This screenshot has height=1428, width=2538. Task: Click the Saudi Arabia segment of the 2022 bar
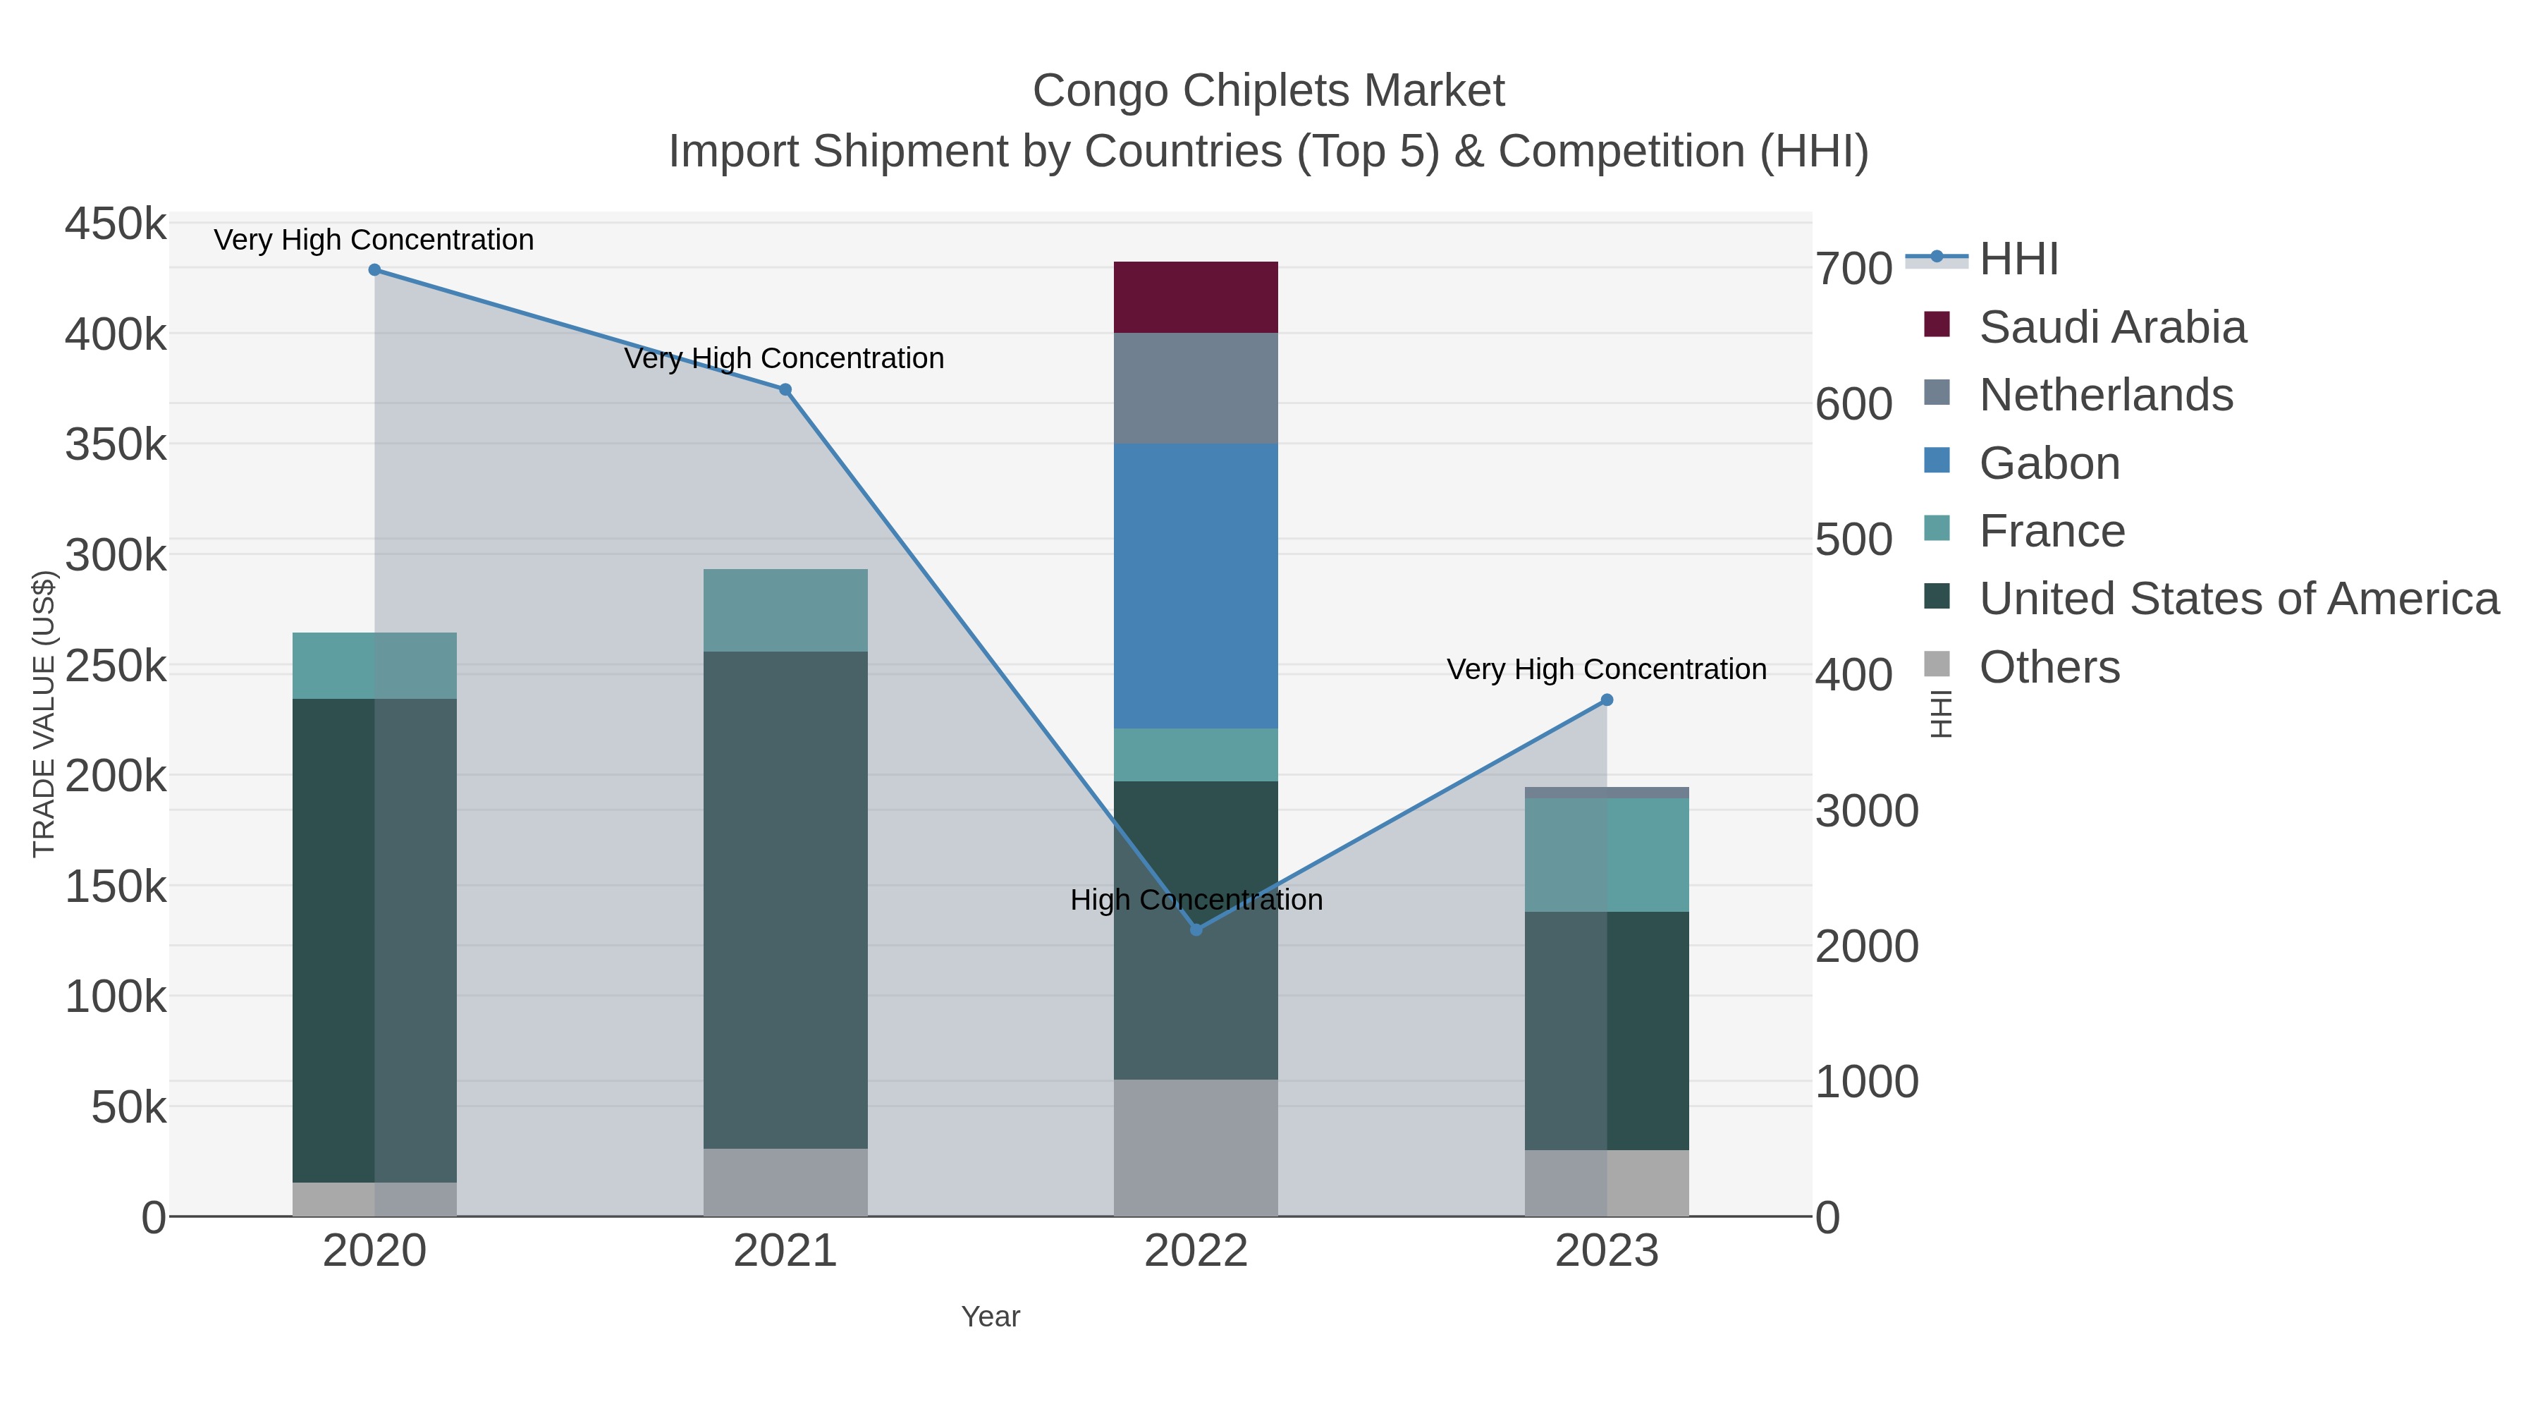pyautogui.click(x=1195, y=297)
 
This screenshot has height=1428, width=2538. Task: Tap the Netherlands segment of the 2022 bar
pyautogui.click(x=1195, y=389)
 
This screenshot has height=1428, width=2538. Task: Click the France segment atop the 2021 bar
pyautogui.click(x=785, y=610)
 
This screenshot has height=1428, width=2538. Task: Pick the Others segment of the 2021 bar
pyautogui.click(x=785, y=1182)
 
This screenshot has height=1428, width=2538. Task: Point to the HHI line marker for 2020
pyautogui.click(x=374, y=270)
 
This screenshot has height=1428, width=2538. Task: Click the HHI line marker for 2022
pyautogui.click(x=1196, y=929)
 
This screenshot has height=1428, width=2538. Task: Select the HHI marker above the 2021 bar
pyautogui.click(x=785, y=390)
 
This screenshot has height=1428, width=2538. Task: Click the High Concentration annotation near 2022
pyautogui.click(x=1196, y=900)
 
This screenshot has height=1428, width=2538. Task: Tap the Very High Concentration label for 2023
pyautogui.click(x=1606, y=669)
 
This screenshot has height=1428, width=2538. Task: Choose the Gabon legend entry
pyautogui.click(x=2049, y=463)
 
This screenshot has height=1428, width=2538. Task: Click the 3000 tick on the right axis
pyautogui.click(x=1867, y=811)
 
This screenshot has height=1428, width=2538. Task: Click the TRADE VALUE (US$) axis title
pyautogui.click(x=44, y=714)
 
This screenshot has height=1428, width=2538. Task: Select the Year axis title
pyautogui.click(x=991, y=1317)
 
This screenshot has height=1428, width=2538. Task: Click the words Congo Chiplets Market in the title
pyautogui.click(x=1268, y=91)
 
